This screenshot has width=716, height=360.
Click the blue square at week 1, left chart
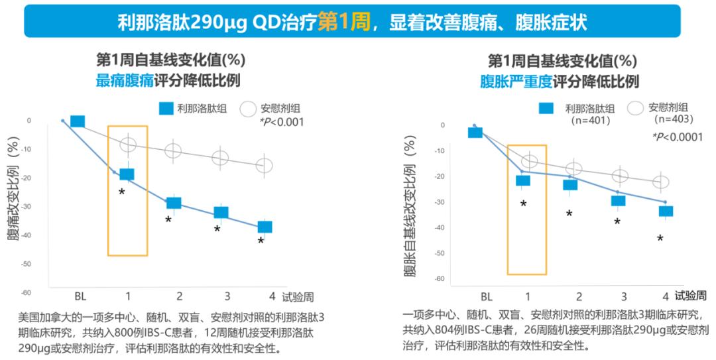pyautogui.click(x=127, y=174)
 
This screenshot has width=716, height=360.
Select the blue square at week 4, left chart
pyautogui.click(x=265, y=227)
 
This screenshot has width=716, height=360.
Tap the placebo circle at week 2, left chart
pyautogui.click(x=173, y=150)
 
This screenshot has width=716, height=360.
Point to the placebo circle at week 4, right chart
pyautogui.click(x=661, y=182)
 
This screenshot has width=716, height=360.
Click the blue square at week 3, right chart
pyautogui.click(x=618, y=201)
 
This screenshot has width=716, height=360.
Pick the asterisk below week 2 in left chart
pyautogui.click(x=168, y=219)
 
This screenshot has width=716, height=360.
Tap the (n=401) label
pyautogui.click(x=590, y=121)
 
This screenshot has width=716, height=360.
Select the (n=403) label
pyautogui.click(x=673, y=119)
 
